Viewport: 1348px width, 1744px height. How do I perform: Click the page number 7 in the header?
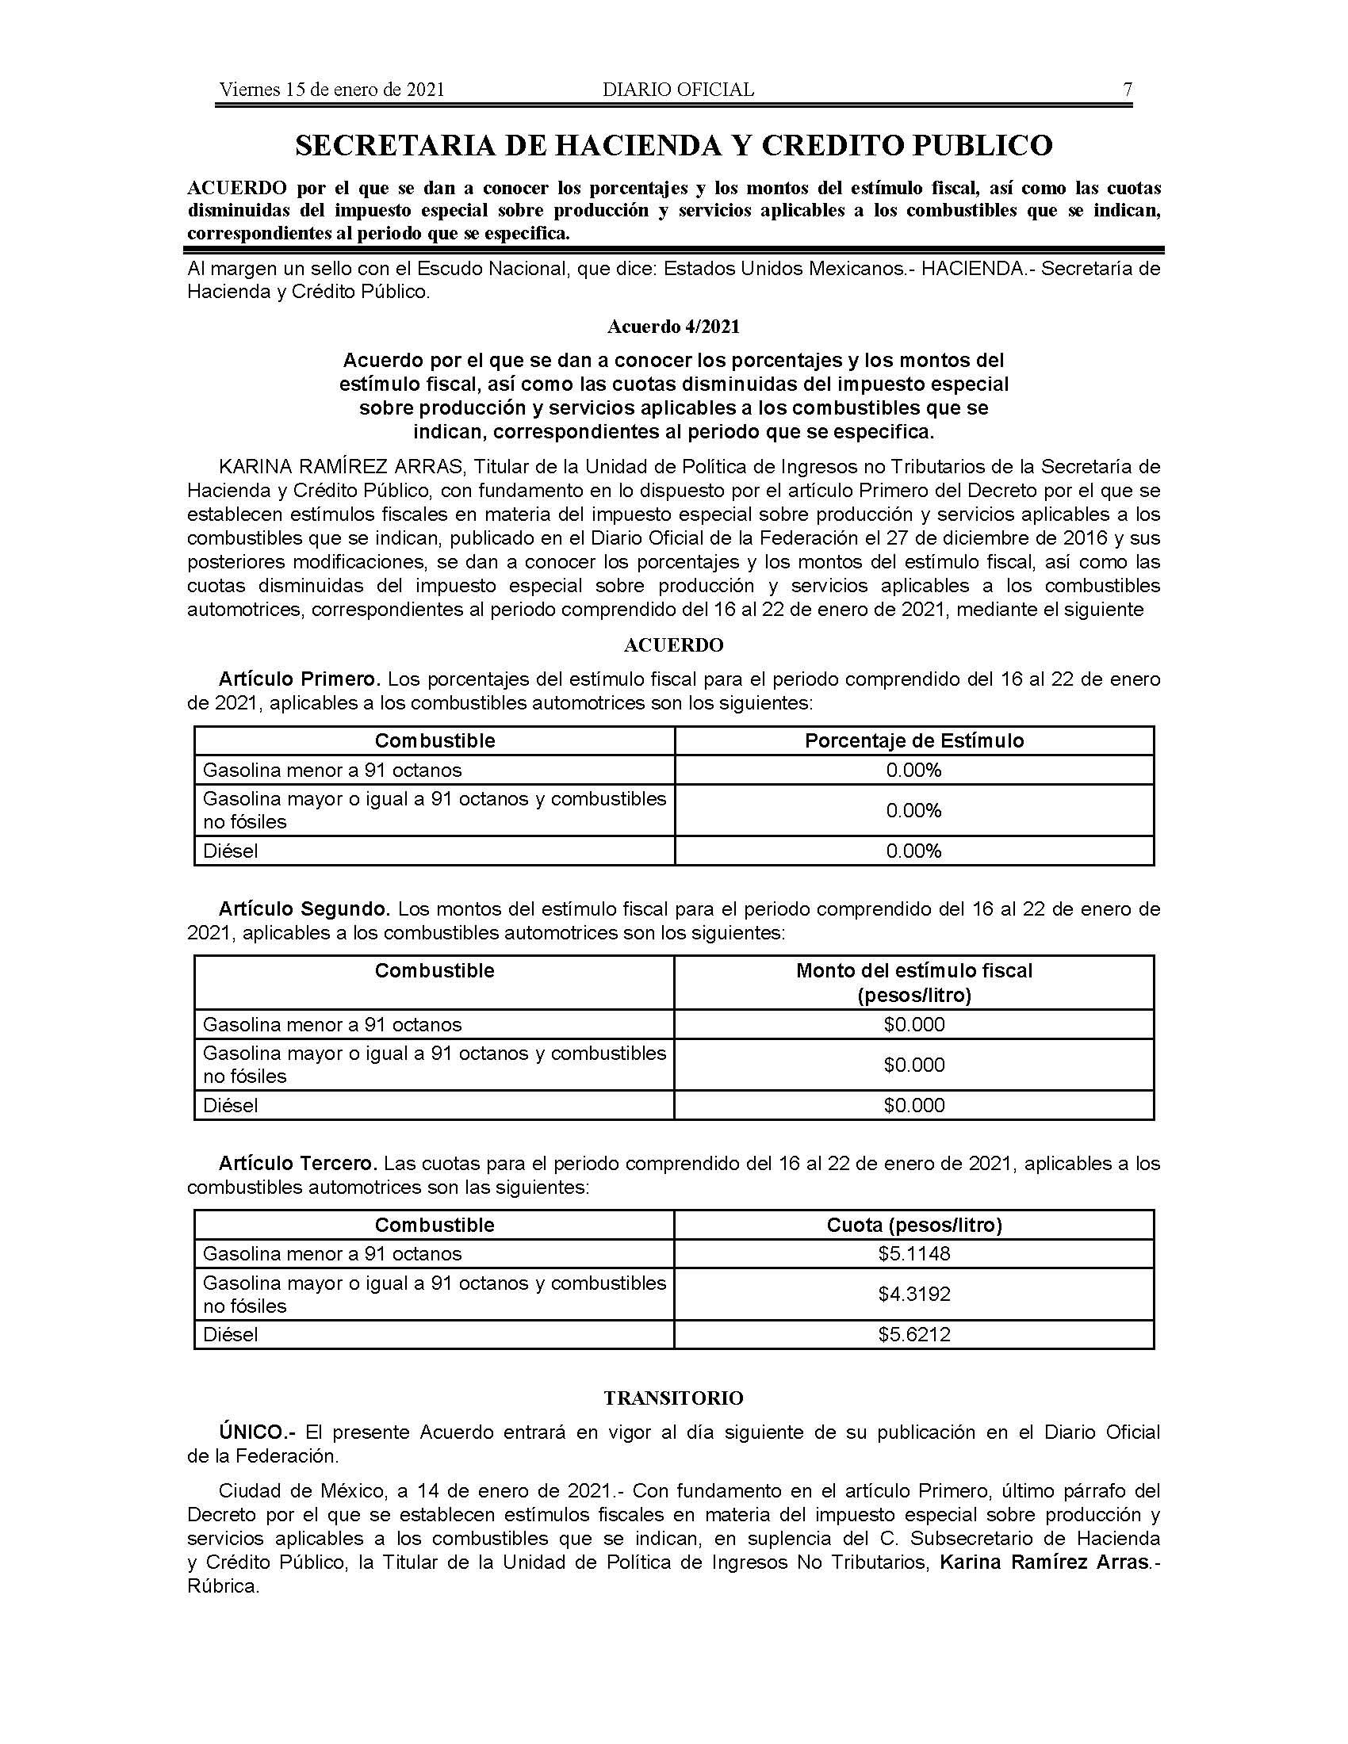[x=1128, y=90]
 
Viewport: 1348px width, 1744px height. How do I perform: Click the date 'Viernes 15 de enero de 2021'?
[x=331, y=90]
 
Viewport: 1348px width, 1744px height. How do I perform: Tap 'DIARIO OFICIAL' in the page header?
[x=678, y=90]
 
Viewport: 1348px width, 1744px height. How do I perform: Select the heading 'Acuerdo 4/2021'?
[x=673, y=327]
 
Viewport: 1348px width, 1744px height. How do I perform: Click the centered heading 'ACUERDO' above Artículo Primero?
[x=673, y=644]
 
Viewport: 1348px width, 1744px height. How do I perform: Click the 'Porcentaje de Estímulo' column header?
[x=914, y=741]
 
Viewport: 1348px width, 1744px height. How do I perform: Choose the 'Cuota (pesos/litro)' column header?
[x=914, y=1225]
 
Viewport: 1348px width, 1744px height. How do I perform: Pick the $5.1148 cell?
[x=914, y=1254]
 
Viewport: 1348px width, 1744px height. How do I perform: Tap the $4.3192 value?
[x=914, y=1294]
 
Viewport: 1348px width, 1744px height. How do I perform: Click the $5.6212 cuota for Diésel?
[x=914, y=1334]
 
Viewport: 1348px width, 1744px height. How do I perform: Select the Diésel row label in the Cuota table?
[x=231, y=1334]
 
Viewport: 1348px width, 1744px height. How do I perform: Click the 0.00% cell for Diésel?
[x=914, y=851]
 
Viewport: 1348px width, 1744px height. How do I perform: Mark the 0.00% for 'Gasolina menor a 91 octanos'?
[x=914, y=771]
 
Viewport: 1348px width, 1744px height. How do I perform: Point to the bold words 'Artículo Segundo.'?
[x=304, y=909]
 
